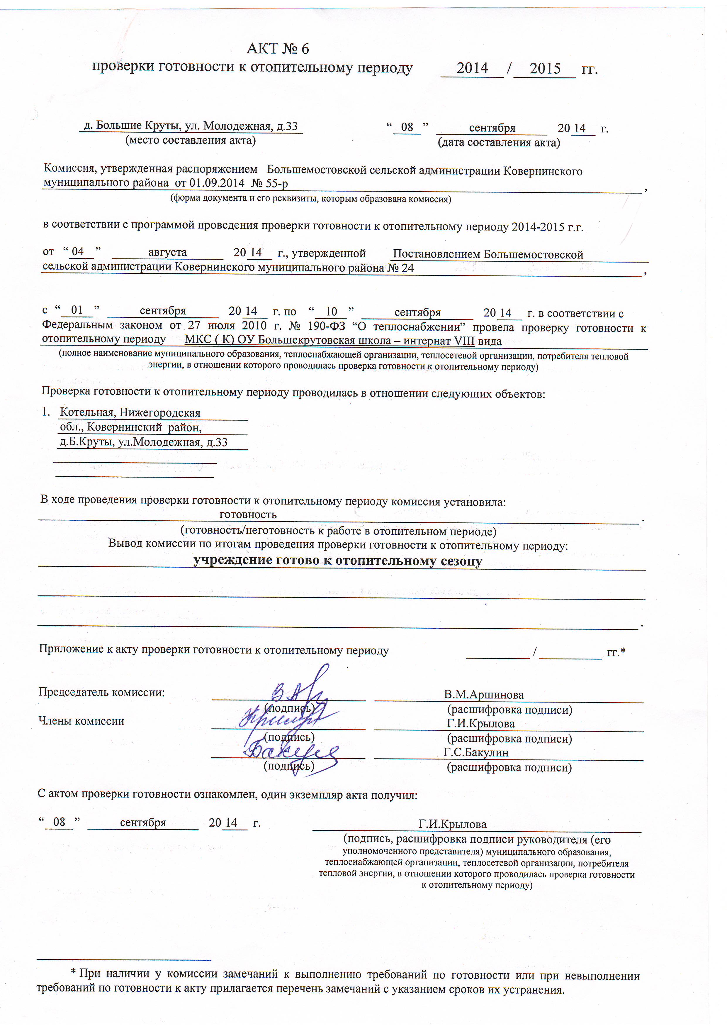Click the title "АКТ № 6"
(x=277, y=48)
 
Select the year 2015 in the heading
(x=545, y=69)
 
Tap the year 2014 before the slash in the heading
(x=472, y=68)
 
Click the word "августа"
(x=167, y=253)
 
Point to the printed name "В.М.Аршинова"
(x=484, y=695)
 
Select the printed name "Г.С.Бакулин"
(x=476, y=752)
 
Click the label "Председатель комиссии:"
(x=102, y=693)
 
